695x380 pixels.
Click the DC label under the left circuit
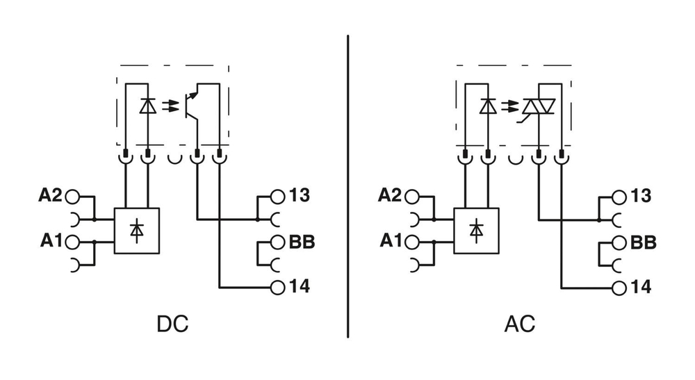click(172, 324)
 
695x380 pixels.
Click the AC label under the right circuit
click(519, 324)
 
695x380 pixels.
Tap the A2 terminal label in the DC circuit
click(50, 196)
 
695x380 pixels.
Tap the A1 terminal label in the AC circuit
click(391, 241)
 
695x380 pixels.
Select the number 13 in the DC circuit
click(300, 196)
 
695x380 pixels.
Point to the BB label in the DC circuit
click(302, 242)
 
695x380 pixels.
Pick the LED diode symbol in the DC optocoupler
click(147, 106)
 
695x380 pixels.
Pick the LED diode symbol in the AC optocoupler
click(488, 106)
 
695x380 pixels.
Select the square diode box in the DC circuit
click(137, 231)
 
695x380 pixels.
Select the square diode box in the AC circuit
click(477, 231)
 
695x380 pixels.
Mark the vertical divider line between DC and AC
click(348, 188)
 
